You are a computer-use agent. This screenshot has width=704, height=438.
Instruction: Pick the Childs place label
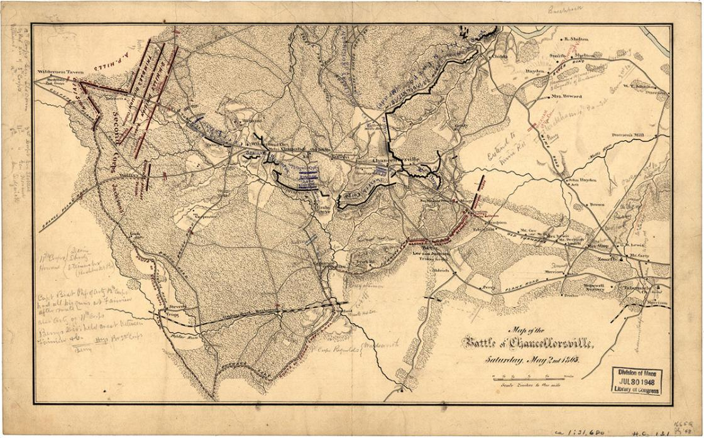click(500, 57)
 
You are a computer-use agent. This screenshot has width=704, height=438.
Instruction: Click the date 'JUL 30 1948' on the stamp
click(636, 381)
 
